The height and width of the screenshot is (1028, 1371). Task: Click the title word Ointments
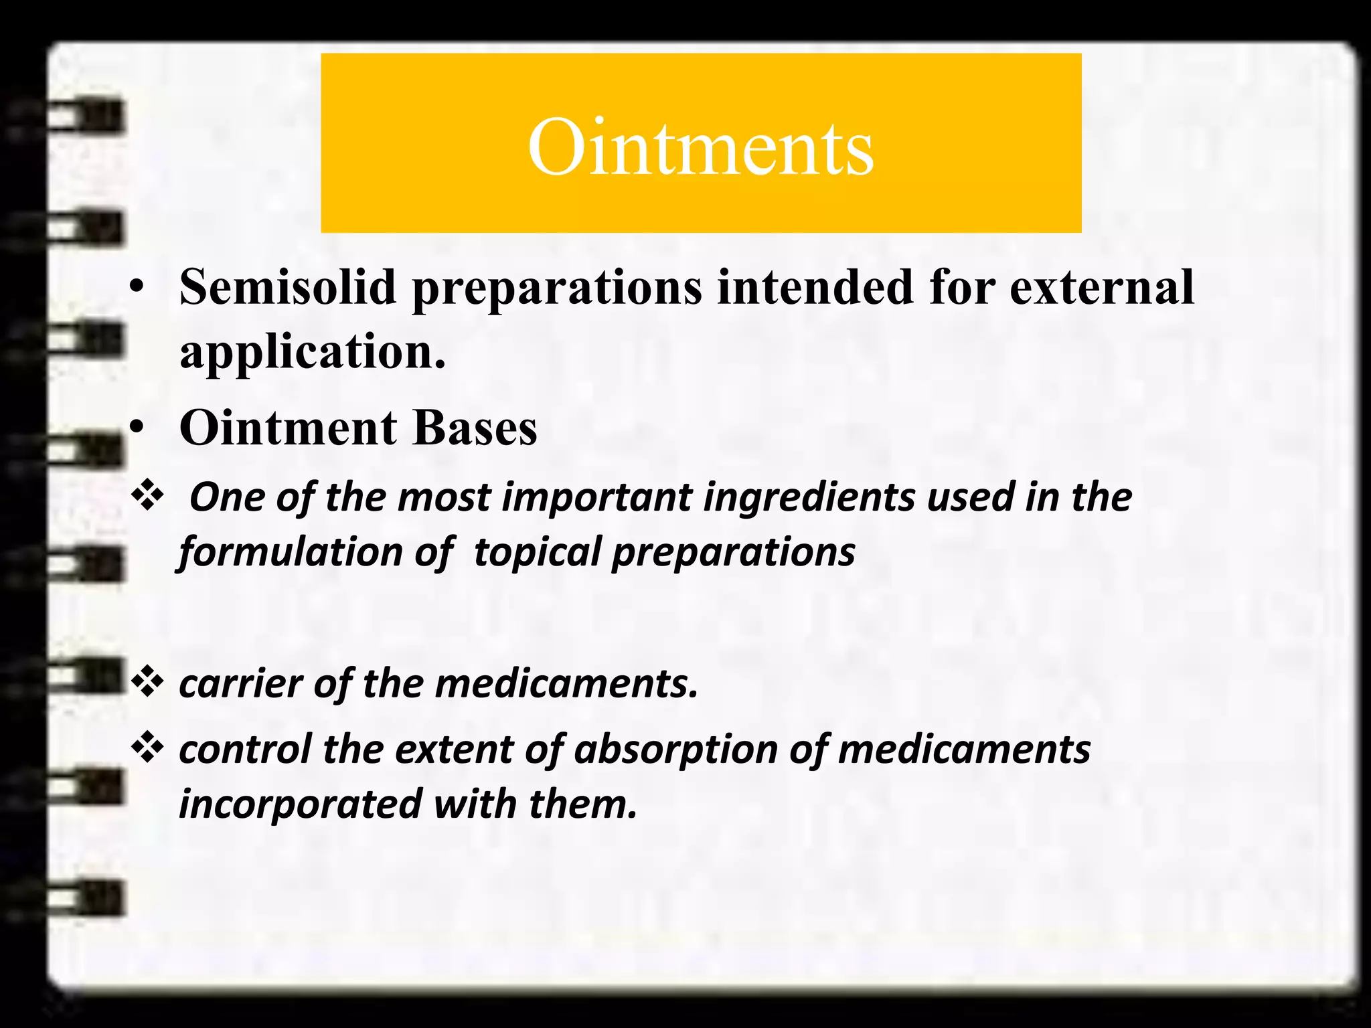coord(700,147)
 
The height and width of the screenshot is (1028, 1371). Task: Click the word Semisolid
coord(288,287)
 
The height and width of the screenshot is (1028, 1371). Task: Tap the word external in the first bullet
coord(1101,287)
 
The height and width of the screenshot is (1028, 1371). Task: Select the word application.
coord(312,353)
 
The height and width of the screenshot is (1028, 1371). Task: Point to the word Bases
coord(475,428)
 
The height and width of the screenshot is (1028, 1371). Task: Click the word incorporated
coord(301,804)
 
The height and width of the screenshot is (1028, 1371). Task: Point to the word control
coord(245,749)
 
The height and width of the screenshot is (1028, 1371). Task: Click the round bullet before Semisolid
coord(137,288)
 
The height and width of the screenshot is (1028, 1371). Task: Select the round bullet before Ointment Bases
coord(137,428)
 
